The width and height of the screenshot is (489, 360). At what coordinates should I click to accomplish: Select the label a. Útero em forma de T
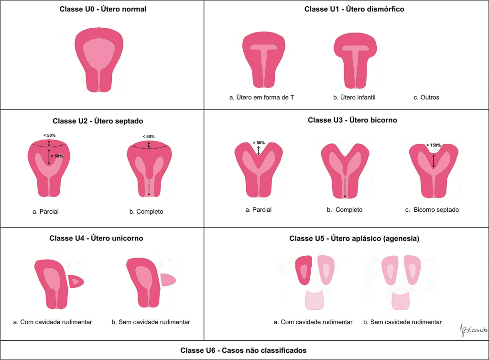(x=261, y=98)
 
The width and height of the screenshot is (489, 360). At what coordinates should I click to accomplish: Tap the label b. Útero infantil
(x=354, y=98)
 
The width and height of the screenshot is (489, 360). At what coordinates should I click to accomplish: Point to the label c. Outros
(x=426, y=98)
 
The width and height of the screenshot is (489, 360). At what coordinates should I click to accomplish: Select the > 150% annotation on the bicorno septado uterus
(x=433, y=145)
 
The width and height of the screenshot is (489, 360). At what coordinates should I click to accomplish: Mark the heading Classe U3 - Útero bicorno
(x=352, y=120)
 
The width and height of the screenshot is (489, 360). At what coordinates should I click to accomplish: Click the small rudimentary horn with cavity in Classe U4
(x=76, y=282)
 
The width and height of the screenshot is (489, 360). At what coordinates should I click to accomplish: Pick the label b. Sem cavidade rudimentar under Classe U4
(x=151, y=322)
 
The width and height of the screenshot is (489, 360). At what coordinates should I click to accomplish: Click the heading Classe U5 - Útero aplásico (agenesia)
(x=354, y=239)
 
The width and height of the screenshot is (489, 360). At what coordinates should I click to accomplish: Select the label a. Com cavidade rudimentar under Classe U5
(x=313, y=322)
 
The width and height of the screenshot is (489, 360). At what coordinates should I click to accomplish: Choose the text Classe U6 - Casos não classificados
(x=243, y=350)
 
